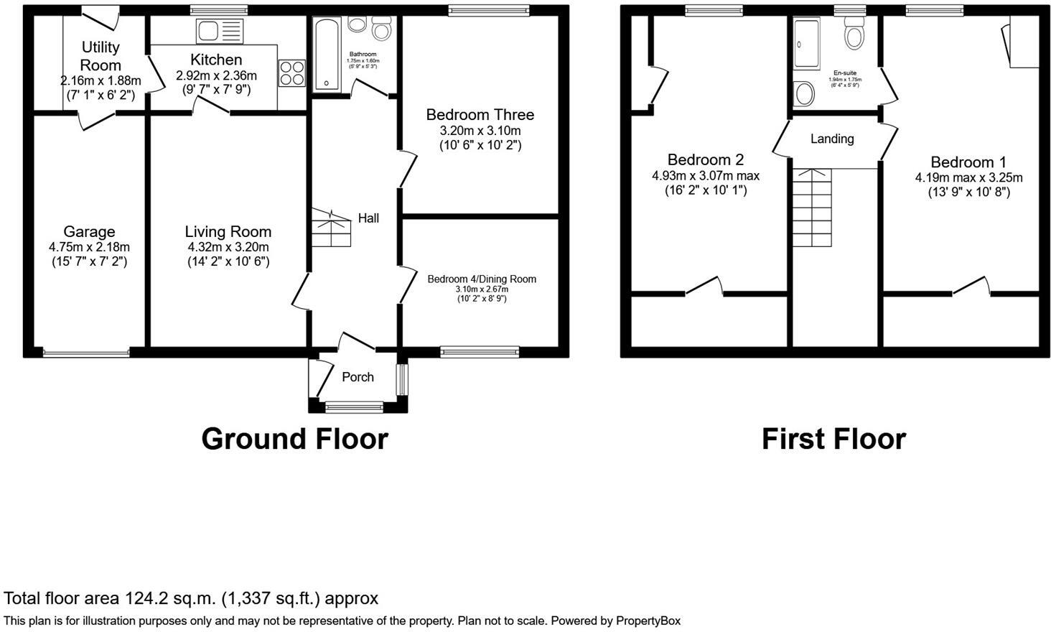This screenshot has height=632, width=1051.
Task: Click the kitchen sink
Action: tap(220, 31)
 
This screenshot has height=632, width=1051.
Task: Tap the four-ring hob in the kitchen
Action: tap(292, 73)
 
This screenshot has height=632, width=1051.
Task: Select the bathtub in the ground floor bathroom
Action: tap(327, 55)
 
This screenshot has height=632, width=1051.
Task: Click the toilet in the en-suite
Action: tap(854, 33)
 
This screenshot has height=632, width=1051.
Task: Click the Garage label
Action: tap(89, 231)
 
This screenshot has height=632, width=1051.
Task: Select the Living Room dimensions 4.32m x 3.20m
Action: tap(228, 247)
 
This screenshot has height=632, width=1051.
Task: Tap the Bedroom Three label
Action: tap(480, 115)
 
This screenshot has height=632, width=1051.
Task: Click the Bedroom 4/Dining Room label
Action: tap(482, 279)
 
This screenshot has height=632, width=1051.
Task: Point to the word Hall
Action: tap(368, 218)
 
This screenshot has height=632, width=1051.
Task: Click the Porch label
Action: tap(358, 377)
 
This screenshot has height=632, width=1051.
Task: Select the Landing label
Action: tap(832, 139)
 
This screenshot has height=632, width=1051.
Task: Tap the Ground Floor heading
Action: tap(294, 439)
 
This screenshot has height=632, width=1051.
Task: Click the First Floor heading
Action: tap(833, 439)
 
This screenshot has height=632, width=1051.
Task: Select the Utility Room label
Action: tap(101, 56)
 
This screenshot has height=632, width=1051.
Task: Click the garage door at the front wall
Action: tap(86, 353)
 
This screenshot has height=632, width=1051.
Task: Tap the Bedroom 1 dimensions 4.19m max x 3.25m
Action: tap(968, 177)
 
